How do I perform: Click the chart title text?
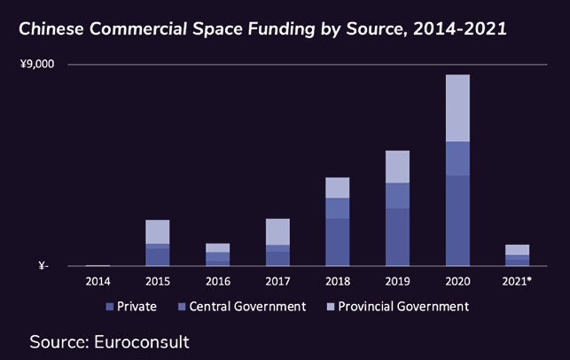click(x=262, y=29)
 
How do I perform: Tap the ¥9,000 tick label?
click(x=37, y=65)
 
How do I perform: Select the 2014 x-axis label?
click(x=98, y=281)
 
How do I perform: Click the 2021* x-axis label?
click(x=518, y=281)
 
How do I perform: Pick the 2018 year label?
click(x=337, y=281)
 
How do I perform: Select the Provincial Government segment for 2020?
click(x=457, y=108)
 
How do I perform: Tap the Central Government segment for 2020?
click(x=457, y=158)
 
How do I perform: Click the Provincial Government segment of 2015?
click(x=158, y=231)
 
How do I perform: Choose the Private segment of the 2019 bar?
click(x=397, y=237)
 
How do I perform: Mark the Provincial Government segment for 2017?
click(x=277, y=231)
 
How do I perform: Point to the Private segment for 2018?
click(x=337, y=242)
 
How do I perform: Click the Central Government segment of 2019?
click(x=397, y=195)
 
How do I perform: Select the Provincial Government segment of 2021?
click(x=517, y=249)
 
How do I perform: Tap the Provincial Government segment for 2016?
click(x=217, y=247)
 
